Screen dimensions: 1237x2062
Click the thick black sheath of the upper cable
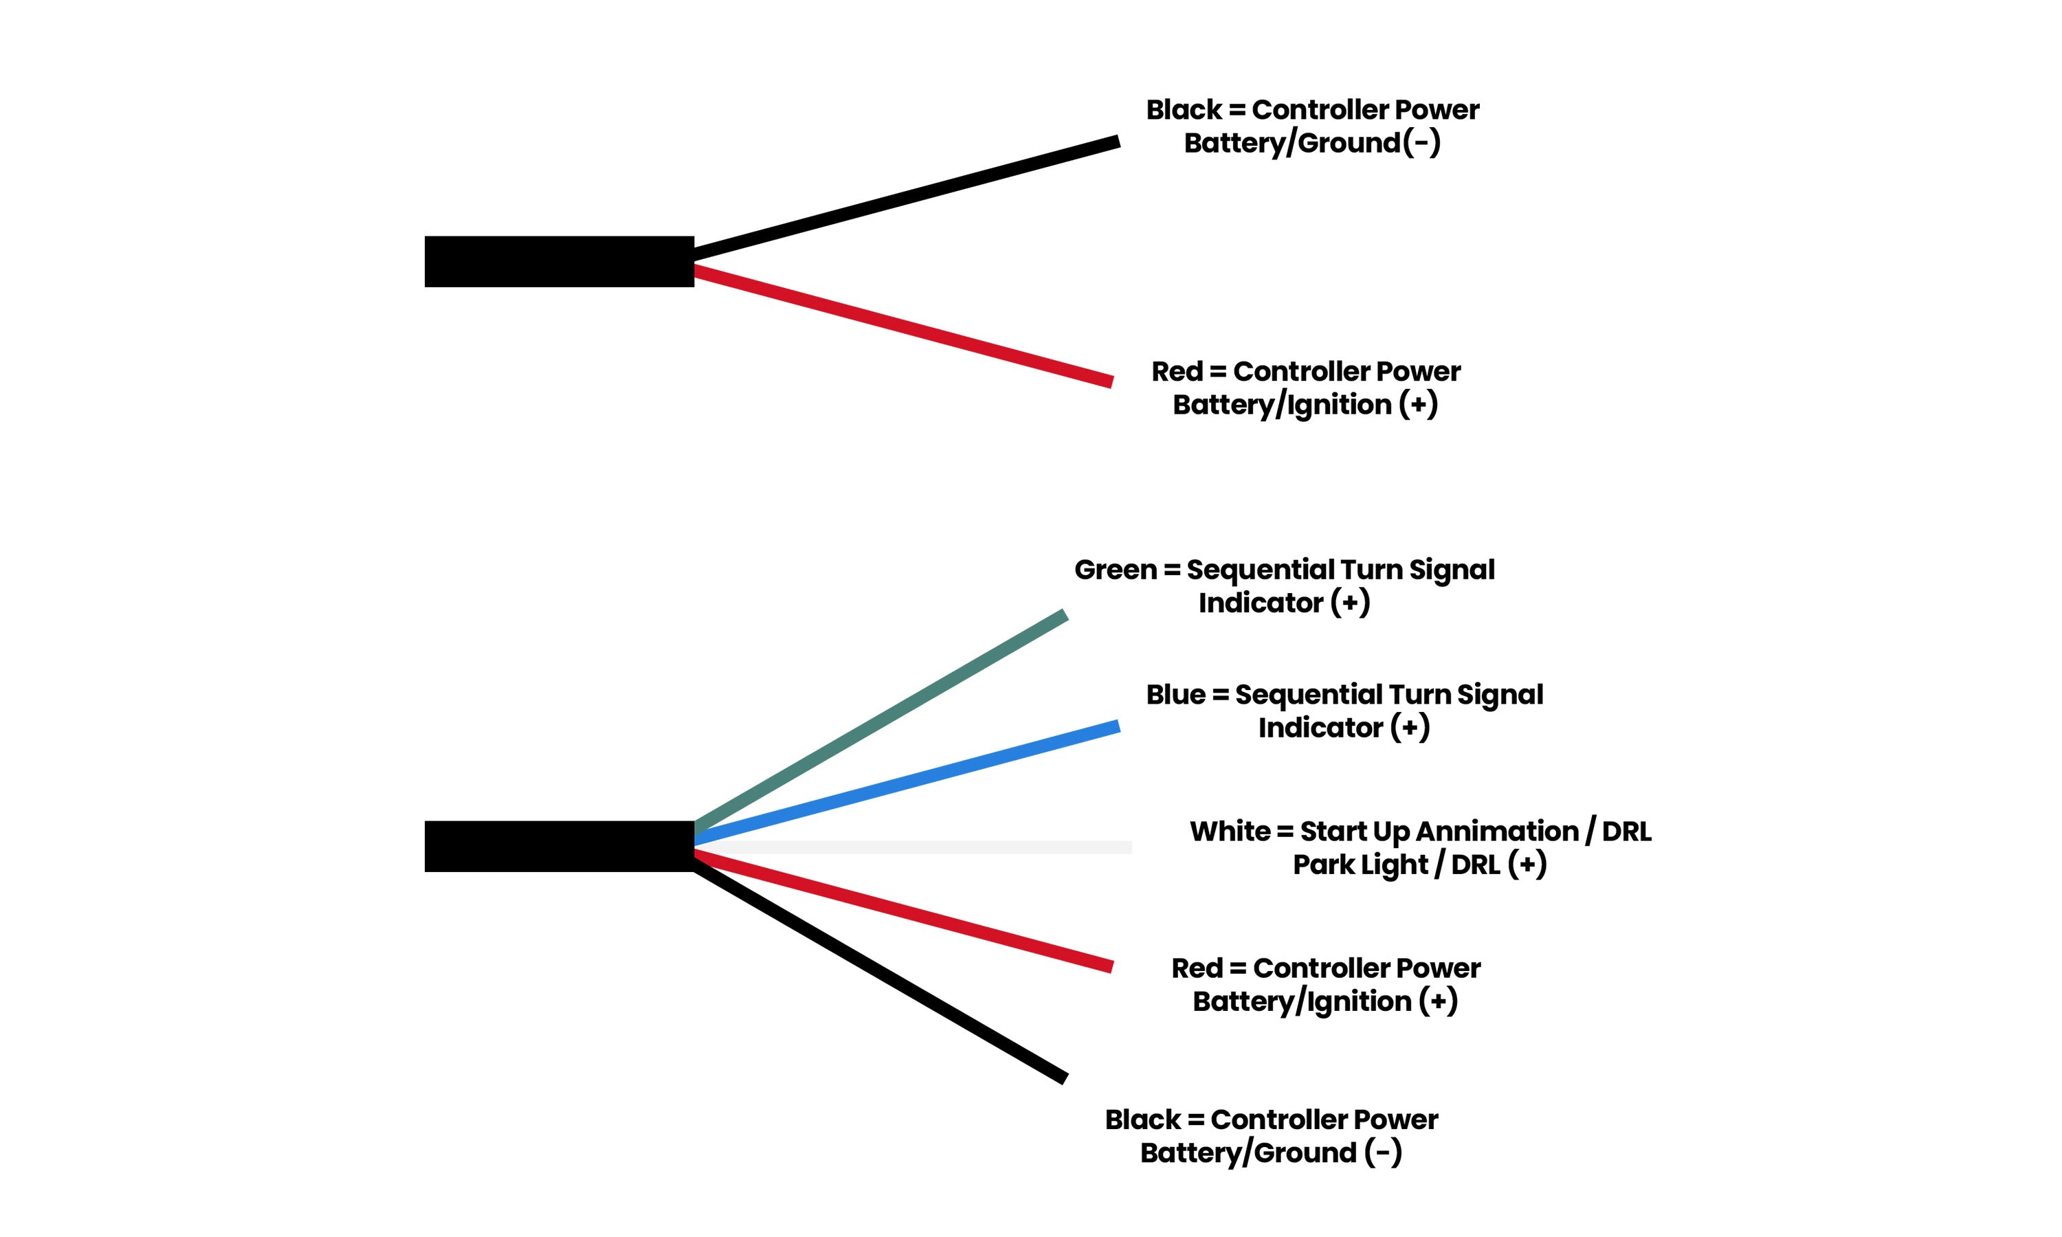(x=558, y=262)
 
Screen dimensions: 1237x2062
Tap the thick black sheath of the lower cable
(x=558, y=846)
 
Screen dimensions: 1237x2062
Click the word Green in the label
(x=1115, y=570)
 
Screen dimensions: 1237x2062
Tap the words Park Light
(x=1360, y=865)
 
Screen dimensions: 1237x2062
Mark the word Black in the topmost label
(x=1184, y=110)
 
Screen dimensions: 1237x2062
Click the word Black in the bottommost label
(x=1142, y=1120)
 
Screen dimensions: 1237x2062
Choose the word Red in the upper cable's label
(x=1177, y=372)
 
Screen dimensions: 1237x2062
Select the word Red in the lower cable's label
(x=1197, y=968)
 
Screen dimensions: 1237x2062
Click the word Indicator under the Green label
(x=1260, y=603)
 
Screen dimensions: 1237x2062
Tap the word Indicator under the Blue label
(x=1320, y=728)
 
